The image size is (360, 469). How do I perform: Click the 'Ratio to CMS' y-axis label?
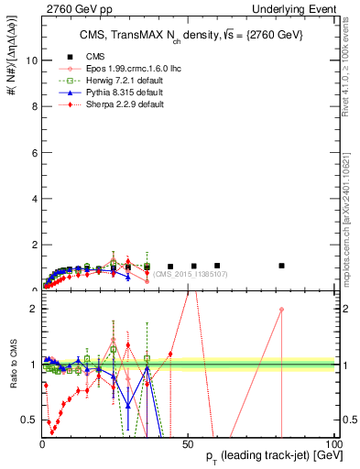point(13,365)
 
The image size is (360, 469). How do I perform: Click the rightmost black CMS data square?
point(282,266)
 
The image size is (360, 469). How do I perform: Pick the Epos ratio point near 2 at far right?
point(282,310)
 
